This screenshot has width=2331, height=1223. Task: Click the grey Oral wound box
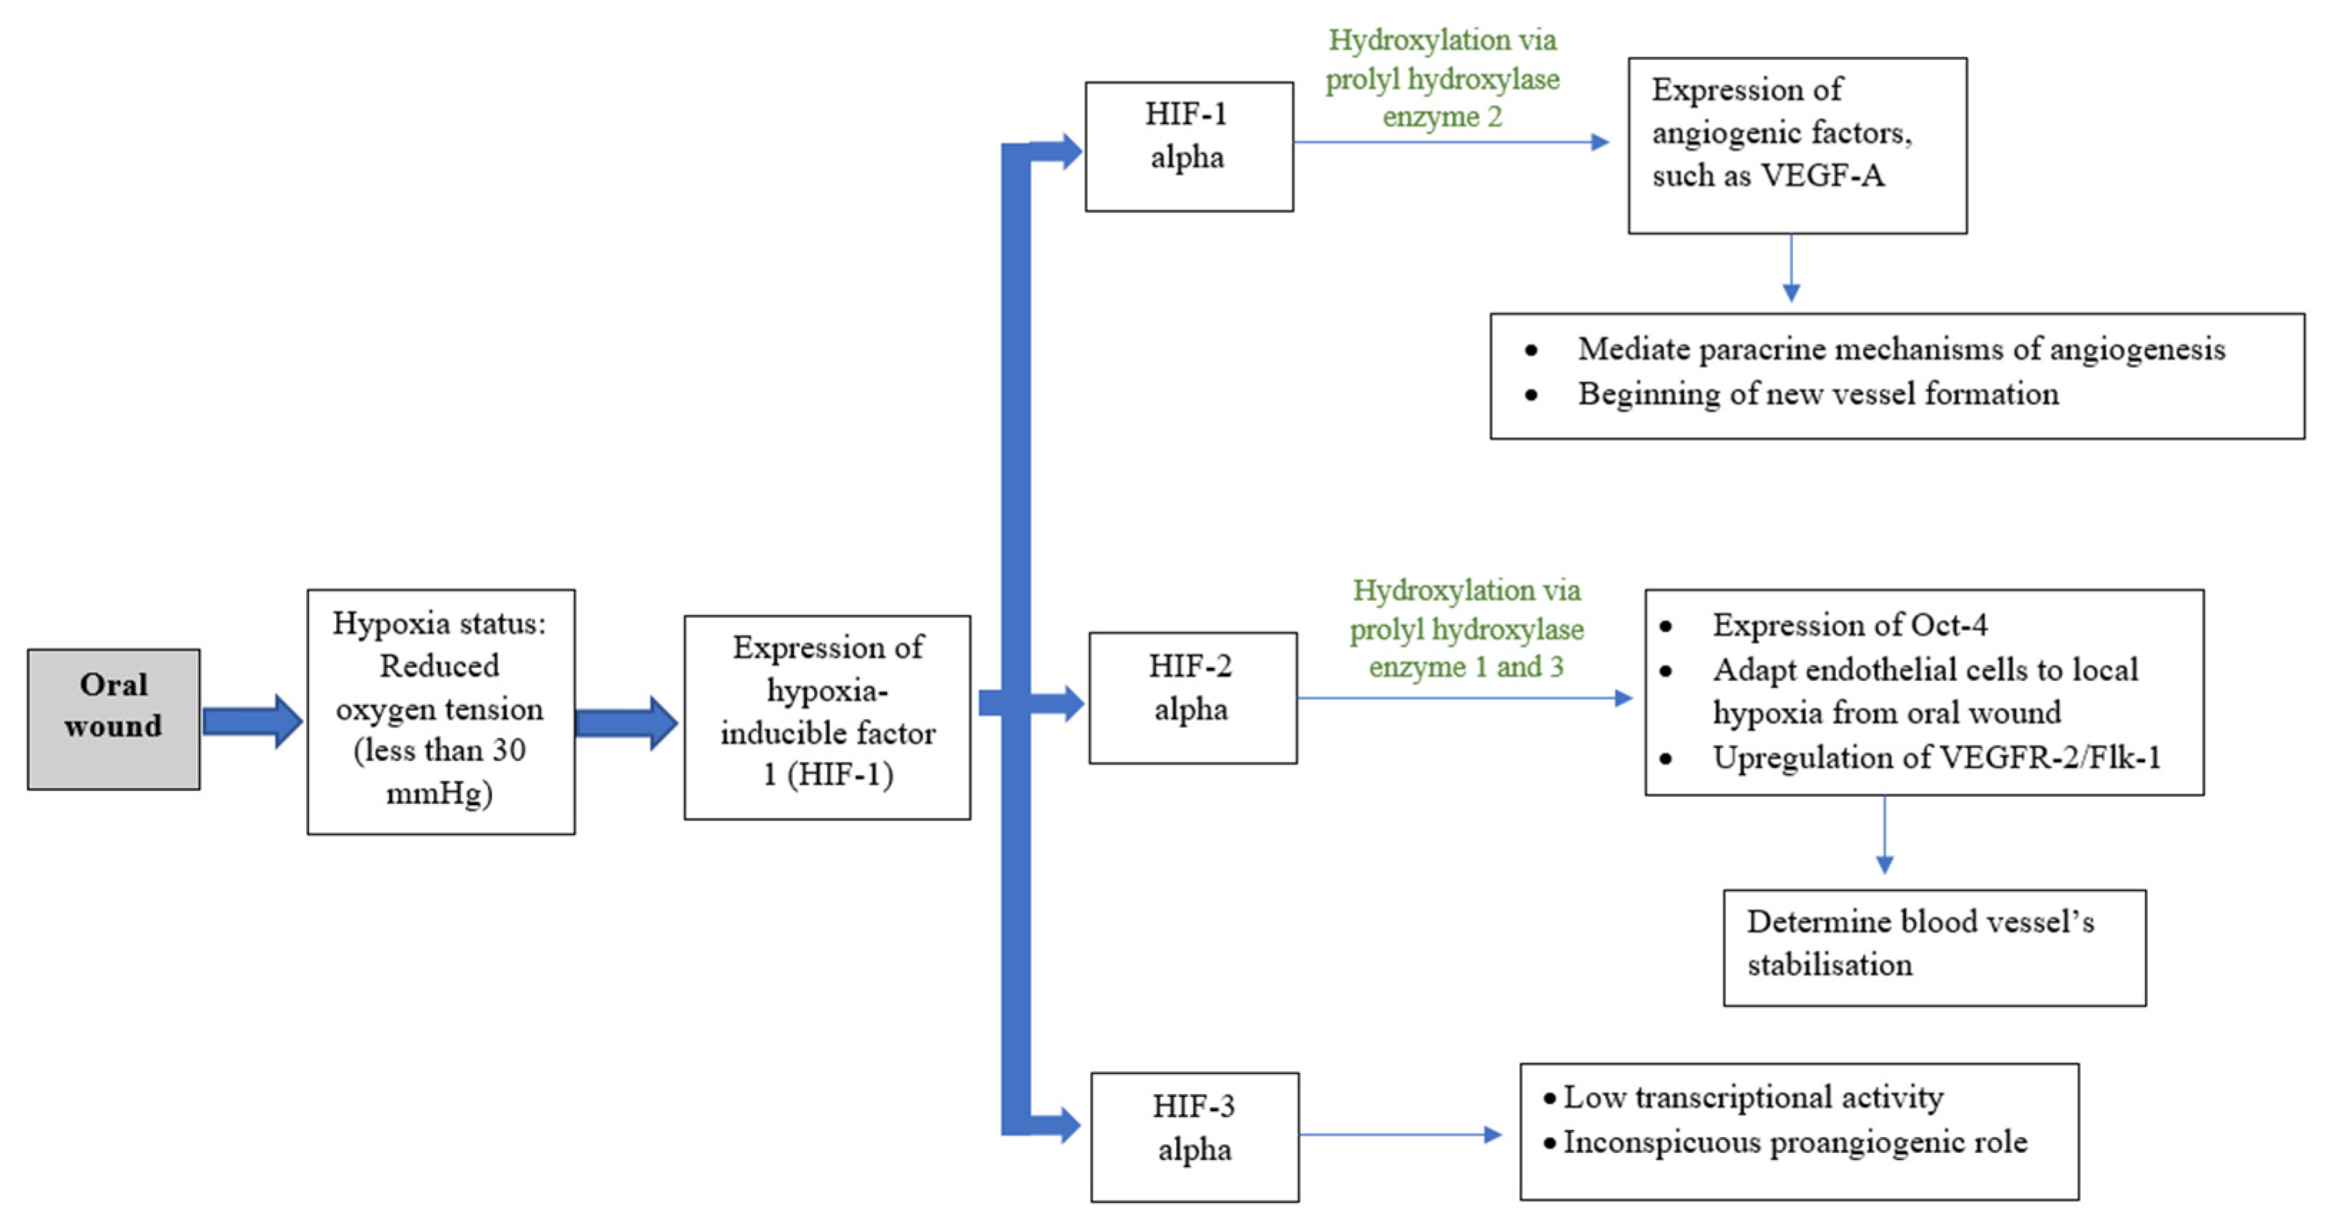pyautogui.click(x=113, y=719)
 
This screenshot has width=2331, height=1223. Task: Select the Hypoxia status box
pyautogui.click(x=441, y=711)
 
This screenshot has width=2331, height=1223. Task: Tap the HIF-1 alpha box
pyautogui.click(x=1188, y=147)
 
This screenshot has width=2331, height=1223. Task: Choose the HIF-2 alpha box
pyautogui.click(x=1192, y=697)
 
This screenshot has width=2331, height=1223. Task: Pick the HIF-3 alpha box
pyautogui.click(x=1194, y=1136)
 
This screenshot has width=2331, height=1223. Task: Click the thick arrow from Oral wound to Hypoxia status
pyautogui.click(x=252, y=721)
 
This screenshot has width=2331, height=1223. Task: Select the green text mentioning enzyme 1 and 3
pyautogui.click(x=1466, y=629)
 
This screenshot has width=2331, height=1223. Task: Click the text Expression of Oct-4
pyautogui.click(x=1849, y=624)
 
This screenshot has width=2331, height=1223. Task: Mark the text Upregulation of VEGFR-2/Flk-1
pyautogui.click(x=1935, y=757)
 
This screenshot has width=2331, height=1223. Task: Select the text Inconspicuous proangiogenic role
pyautogui.click(x=1795, y=1141)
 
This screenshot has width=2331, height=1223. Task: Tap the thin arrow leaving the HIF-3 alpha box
pyautogui.click(x=1399, y=1134)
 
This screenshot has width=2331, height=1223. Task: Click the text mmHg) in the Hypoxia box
pyautogui.click(x=439, y=793)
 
